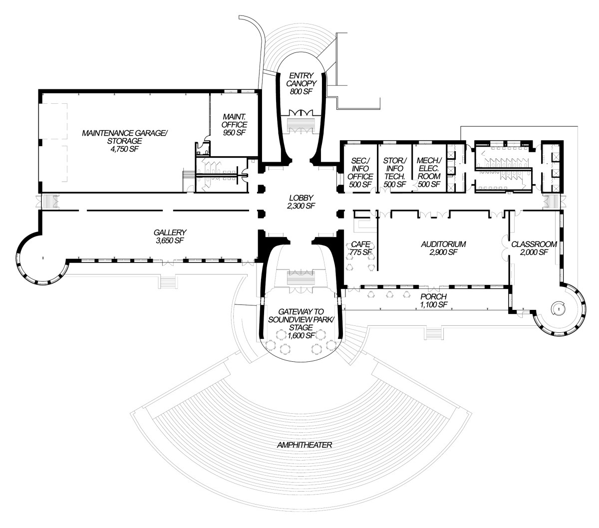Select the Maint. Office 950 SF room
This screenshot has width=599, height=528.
coord(235,125)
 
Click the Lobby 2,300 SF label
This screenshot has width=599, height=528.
coord(300,201)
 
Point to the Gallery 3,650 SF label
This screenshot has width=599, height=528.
coord(170,236)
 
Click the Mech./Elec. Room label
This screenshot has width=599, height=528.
coord(429,172)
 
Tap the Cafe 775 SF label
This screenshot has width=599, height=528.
coord(361,248)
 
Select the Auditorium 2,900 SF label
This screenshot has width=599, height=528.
coord(443,248)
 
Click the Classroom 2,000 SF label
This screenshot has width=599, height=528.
coord(534,248)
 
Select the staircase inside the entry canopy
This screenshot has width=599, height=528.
coord(301,123)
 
